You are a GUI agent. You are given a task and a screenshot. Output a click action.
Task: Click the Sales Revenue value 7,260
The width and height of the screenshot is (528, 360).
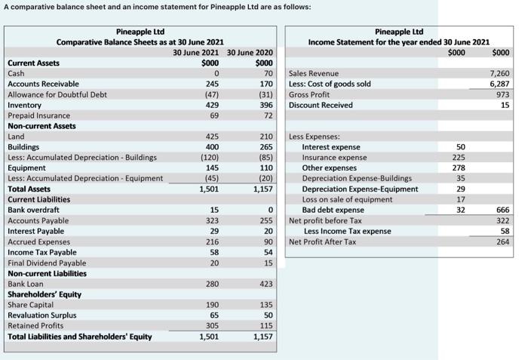(500, 73)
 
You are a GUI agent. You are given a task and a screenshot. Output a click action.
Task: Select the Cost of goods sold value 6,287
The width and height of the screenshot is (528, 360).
(500, 84)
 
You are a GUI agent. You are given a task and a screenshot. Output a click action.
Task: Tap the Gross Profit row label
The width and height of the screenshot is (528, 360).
(309, 94)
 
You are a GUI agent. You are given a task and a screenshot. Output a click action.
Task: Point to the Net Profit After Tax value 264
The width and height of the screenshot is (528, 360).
(503, 242)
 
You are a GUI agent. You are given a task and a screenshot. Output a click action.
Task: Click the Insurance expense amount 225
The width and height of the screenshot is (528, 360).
(458, 158)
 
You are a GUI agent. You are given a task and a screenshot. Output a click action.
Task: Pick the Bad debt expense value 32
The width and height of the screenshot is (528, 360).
(460, 210)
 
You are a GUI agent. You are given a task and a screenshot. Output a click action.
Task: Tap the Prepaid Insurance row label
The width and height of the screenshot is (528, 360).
(38, 115)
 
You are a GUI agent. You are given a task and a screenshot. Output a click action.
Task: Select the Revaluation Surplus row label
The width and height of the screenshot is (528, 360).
(41, 315)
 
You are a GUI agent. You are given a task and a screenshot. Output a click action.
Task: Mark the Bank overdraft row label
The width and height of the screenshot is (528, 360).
(34, 210)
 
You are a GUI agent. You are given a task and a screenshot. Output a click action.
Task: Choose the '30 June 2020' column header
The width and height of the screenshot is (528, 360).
(250, 51)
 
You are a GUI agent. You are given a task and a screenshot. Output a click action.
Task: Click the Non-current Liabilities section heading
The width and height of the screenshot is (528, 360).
(47, 273)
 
